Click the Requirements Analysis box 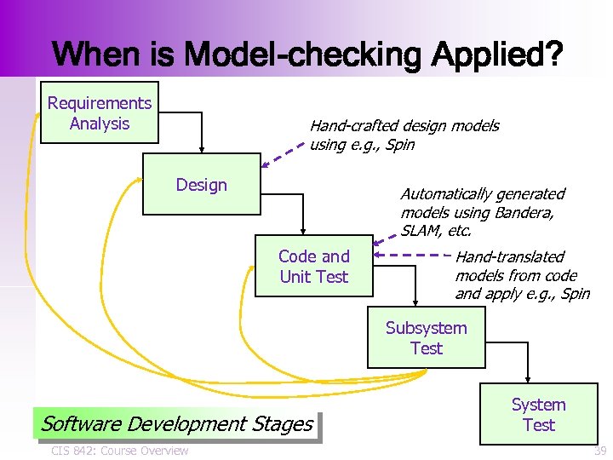[100, 112]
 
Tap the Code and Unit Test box [313, 266]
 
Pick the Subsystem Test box [426, 338]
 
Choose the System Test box [538, 415]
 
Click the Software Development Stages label [176, 423]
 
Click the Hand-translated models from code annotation [521, 275]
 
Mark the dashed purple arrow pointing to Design [283, 156]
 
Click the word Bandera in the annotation [525, 212]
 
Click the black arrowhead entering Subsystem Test [415, 301]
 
